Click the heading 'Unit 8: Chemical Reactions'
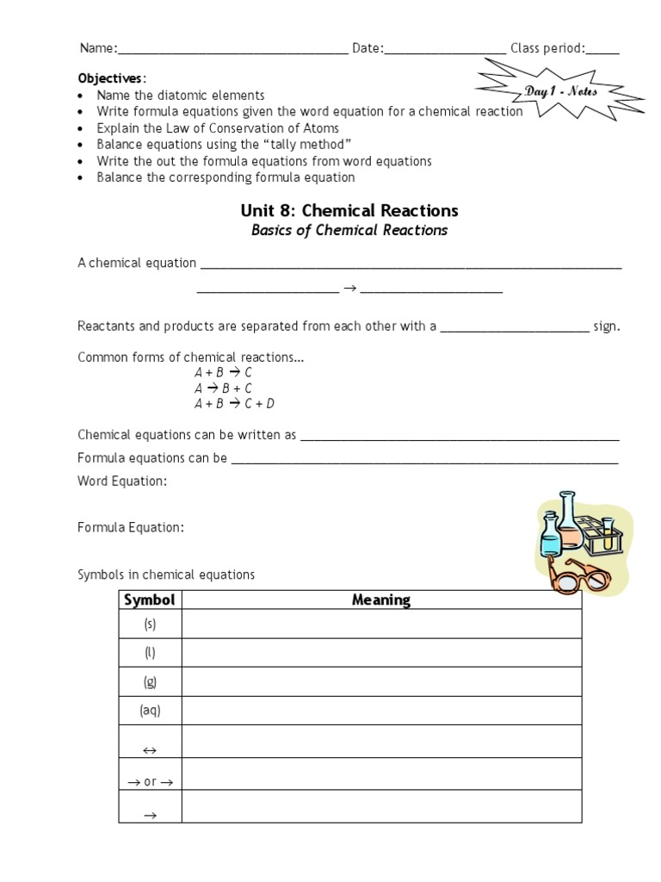point(349,211)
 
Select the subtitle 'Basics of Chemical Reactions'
point(349,231)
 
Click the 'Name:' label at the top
point(98,48)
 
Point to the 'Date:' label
point(368,48)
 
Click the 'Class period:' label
point(547,48)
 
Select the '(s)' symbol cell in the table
point(150,624)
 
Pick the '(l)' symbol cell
point(150,653)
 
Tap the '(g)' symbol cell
point(150,681)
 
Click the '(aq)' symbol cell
point(150,711)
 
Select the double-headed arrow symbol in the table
point(150,751)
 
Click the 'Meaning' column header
point(381,600)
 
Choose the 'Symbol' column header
point(150,600)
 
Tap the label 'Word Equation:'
point(122,481)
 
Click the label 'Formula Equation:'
point(130,528)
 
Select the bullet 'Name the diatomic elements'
point(181,96)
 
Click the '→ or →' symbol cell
point(150,782)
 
